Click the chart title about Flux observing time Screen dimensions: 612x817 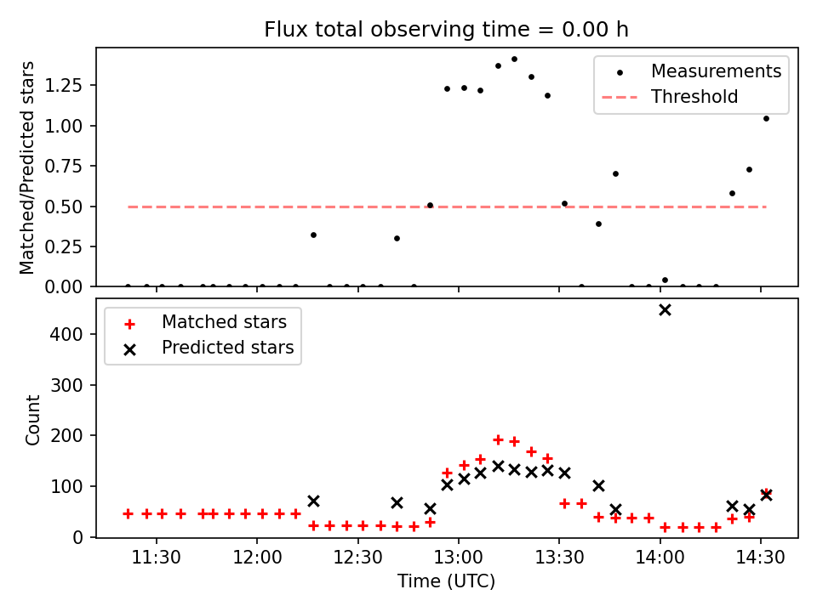point(446,30)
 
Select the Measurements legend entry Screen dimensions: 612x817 point(716,71)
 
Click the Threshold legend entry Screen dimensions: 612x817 point(694,97)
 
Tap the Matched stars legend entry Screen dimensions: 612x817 point(224,322)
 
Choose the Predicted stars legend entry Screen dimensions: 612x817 point(227,348)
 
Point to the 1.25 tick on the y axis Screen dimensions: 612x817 point(66,85)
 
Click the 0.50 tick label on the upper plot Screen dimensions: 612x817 point(66,207)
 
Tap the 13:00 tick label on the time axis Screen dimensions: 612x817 point(459,558)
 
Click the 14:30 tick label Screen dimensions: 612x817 point(761,558)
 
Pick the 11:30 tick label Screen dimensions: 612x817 point(157,558)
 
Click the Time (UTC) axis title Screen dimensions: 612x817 point(446,581)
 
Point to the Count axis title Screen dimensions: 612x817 point(33,419)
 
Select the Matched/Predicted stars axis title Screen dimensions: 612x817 point(28,167)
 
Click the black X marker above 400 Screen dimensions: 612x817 point(665,309)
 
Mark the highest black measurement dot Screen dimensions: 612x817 point(514,59)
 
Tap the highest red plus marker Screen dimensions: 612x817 point(498,439)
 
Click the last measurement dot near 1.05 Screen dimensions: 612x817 point(766,118)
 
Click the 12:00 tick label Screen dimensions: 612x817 point(257,558)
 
